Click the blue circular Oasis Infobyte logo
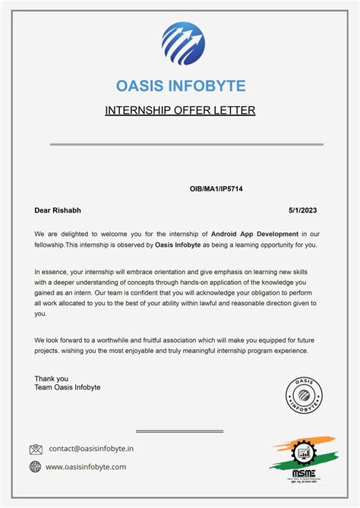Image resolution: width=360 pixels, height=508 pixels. click(183, 43)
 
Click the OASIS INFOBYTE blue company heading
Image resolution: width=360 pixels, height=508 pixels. click(181, 86)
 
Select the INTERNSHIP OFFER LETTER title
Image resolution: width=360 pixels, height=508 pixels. click(180, 111)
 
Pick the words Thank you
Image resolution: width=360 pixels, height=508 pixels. click(51, 378)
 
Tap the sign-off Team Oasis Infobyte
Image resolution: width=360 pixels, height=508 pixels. click(68, 388)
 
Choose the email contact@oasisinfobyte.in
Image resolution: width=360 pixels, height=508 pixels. click(91, 449)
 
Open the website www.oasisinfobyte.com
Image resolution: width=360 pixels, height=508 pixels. click(86, 467)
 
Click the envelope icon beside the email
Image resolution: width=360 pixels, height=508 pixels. click(36, 450)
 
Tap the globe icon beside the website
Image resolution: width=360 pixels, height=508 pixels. click(36, 467)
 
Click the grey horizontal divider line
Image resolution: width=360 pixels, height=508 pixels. click(186, 144)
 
